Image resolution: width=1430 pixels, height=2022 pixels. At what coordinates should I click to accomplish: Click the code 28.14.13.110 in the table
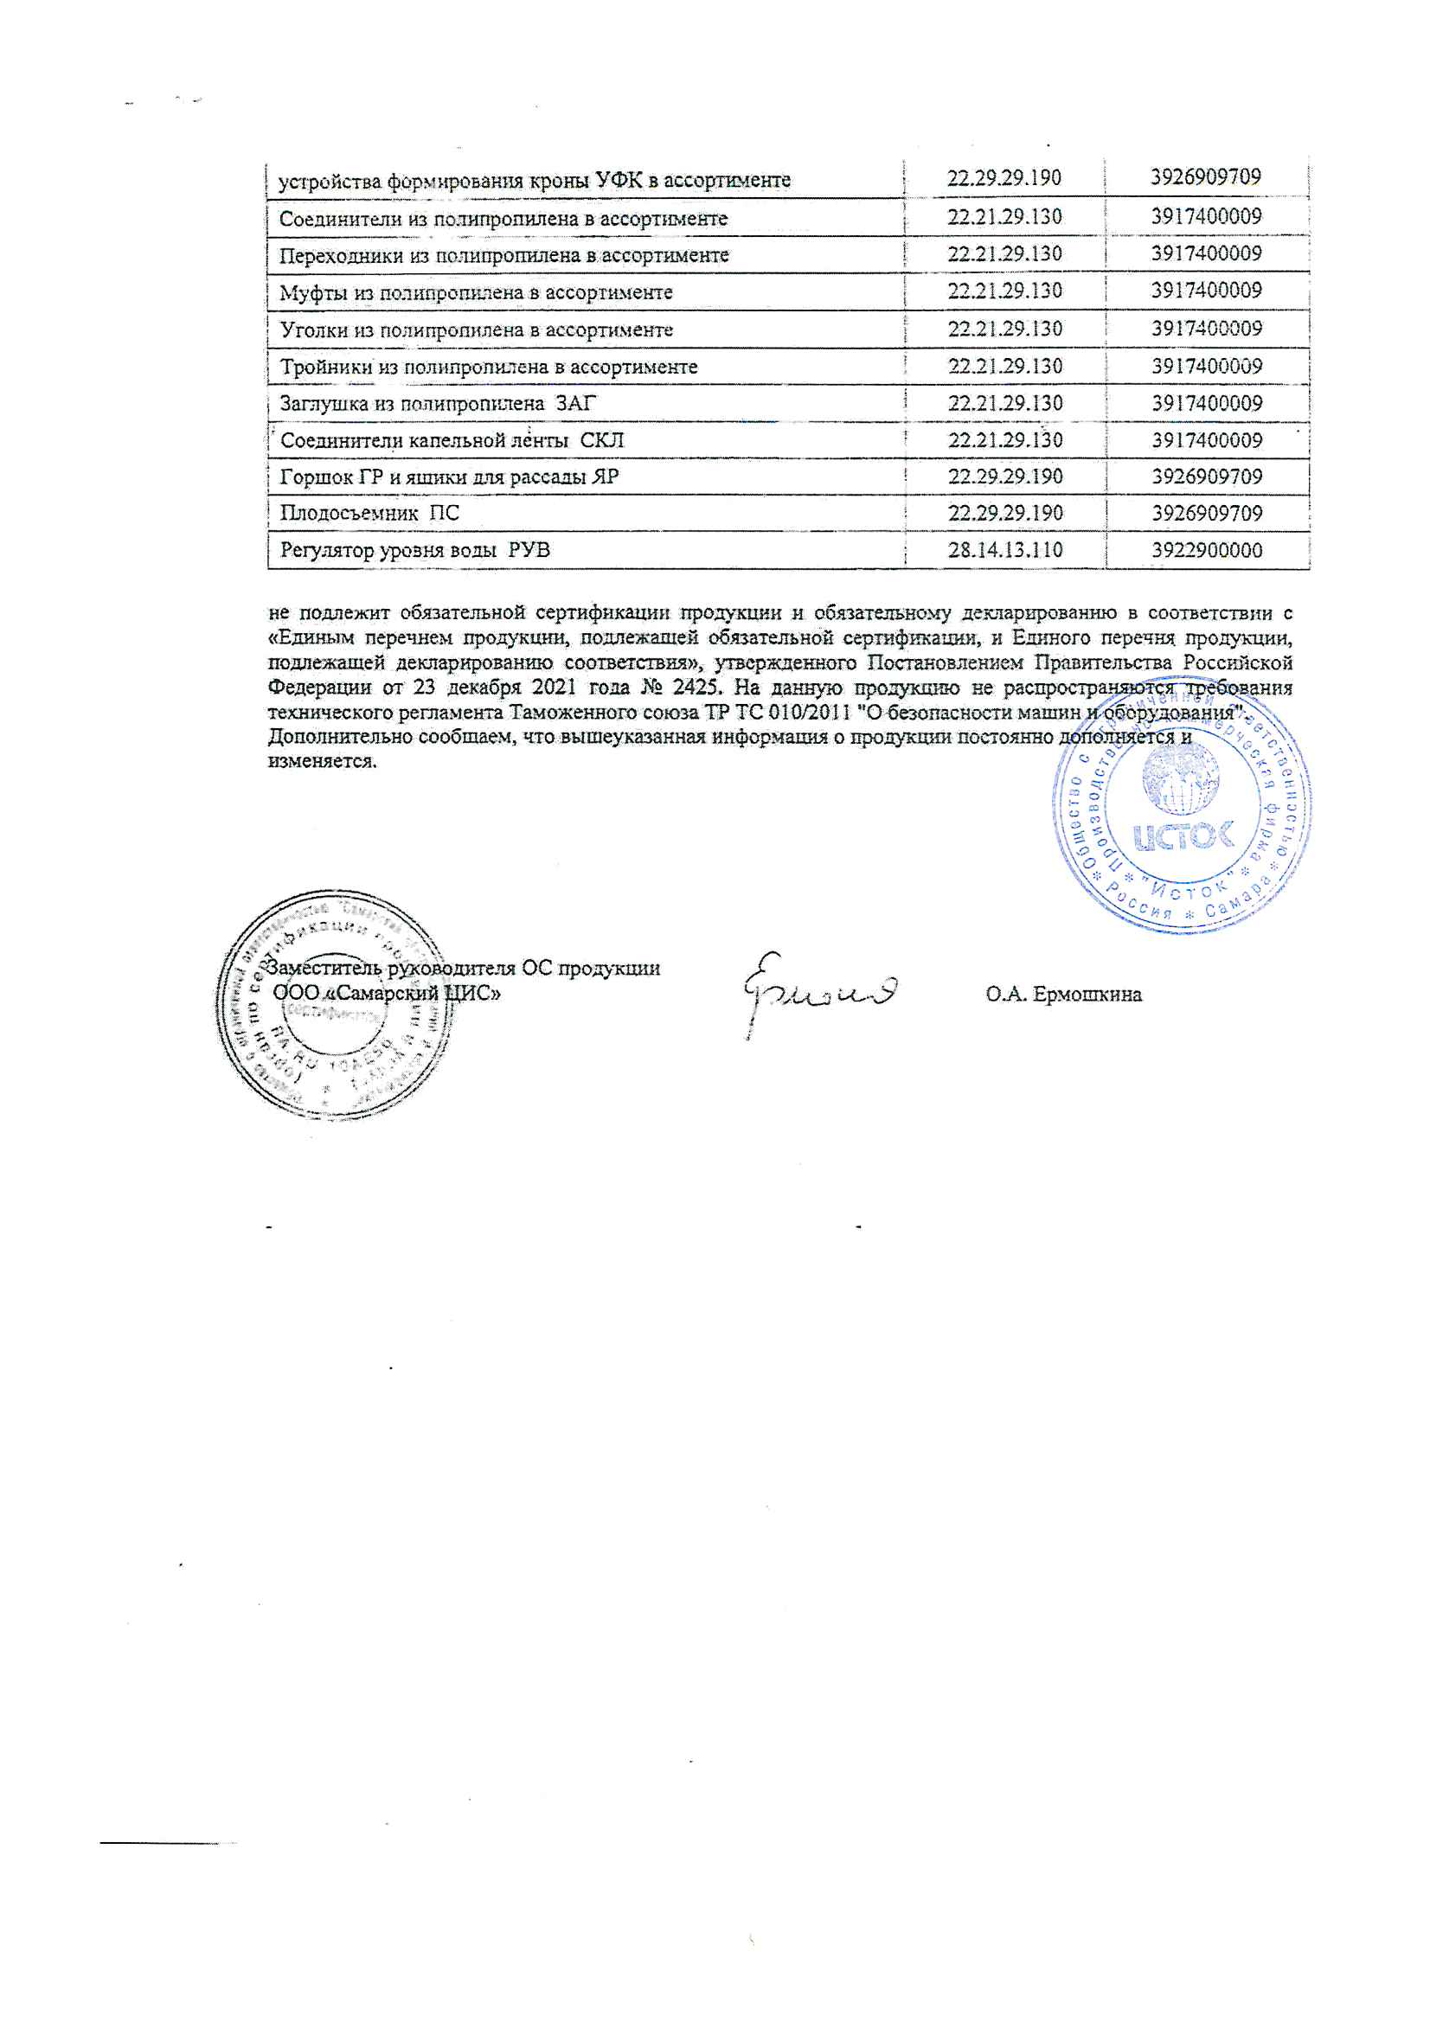1004,550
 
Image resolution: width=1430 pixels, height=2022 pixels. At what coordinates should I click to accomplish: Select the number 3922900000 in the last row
1206,550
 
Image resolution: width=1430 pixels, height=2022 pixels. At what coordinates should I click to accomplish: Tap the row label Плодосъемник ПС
369,513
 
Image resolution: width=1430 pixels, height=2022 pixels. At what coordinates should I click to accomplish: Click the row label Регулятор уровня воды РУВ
414,550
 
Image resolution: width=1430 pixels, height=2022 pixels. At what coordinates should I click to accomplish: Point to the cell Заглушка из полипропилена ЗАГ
437,403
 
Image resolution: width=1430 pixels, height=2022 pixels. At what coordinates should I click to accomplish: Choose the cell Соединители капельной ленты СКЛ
451,440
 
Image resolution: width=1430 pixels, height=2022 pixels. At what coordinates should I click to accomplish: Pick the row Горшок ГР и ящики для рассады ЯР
448,477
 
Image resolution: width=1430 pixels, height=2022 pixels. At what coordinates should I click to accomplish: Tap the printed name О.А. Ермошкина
1063,995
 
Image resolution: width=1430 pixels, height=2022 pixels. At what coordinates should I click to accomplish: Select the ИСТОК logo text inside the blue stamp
1183,835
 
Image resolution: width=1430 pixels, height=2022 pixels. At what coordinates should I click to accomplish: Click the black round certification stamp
335,1004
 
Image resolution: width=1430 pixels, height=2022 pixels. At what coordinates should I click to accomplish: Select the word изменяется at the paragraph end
322,761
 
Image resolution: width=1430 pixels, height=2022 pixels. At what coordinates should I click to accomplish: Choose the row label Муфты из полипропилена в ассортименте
476,292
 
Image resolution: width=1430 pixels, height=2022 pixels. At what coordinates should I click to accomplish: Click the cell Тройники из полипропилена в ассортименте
488,367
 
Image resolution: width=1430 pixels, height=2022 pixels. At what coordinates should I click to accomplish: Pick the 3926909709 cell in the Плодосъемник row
1206,513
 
